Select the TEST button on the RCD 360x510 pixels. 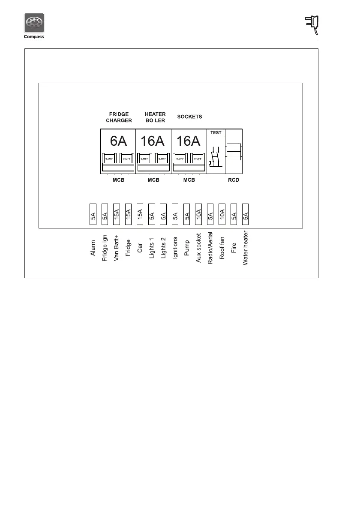tap(216, 132)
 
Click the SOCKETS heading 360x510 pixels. tap(189, 117)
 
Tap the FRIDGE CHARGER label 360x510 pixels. tap(119, 117)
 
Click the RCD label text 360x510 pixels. tap(234, 180)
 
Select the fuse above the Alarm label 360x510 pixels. tap(93, 213)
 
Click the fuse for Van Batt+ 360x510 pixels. tap(117, 213)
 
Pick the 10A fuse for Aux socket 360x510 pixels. tap(198, 213)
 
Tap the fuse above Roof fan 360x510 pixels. tap(222, 213)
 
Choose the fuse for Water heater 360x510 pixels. tap(246, 213)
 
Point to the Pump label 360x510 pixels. tap(186, 248)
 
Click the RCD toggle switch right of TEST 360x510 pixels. tap(233, 152)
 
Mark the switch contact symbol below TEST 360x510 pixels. tap(216, 157)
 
